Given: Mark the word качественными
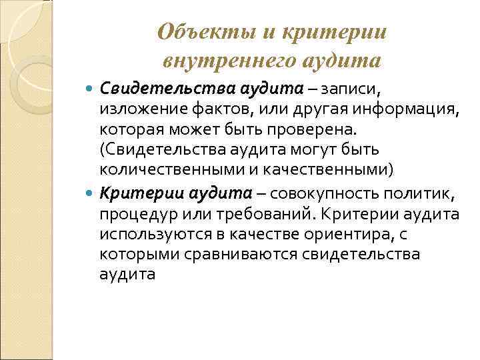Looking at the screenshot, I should tap(332, 169).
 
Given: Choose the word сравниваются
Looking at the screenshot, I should tap(243, 254).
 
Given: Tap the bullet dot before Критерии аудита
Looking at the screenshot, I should tap(91, 193).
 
